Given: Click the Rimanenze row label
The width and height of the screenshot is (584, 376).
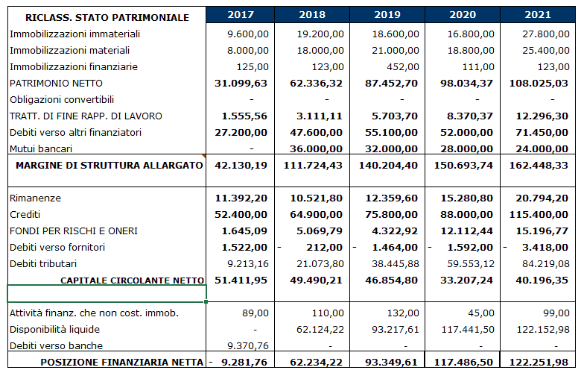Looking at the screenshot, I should [36, 198].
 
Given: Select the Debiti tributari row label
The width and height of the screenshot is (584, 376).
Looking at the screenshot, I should [42, 264].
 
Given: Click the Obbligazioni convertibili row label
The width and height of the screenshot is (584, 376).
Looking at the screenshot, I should [62, 100].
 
